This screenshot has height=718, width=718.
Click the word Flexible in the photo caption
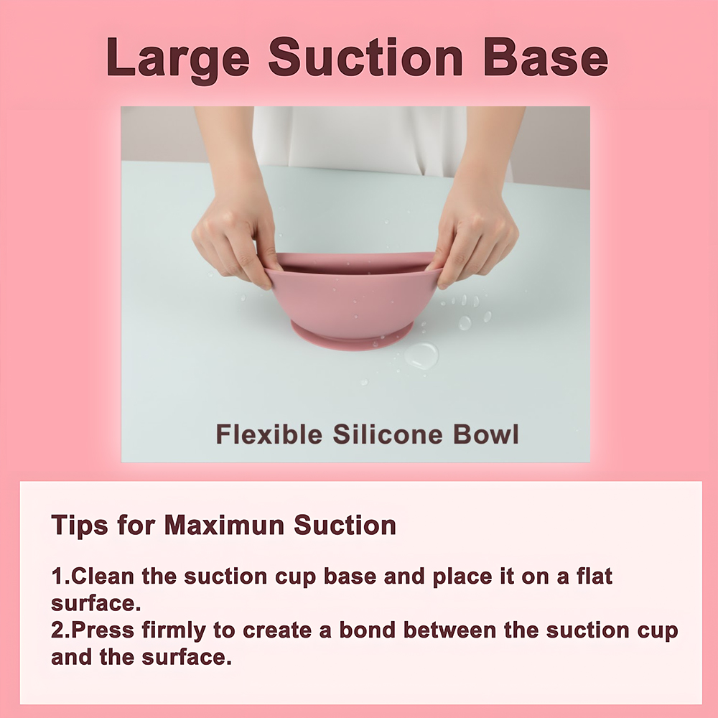269,434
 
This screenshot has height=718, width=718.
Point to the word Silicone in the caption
388,434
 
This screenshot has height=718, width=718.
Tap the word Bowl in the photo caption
486,434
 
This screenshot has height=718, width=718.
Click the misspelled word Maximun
224,525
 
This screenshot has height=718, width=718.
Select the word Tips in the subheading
80,526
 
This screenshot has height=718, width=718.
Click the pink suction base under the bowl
351,337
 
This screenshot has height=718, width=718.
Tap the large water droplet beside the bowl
421,356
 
